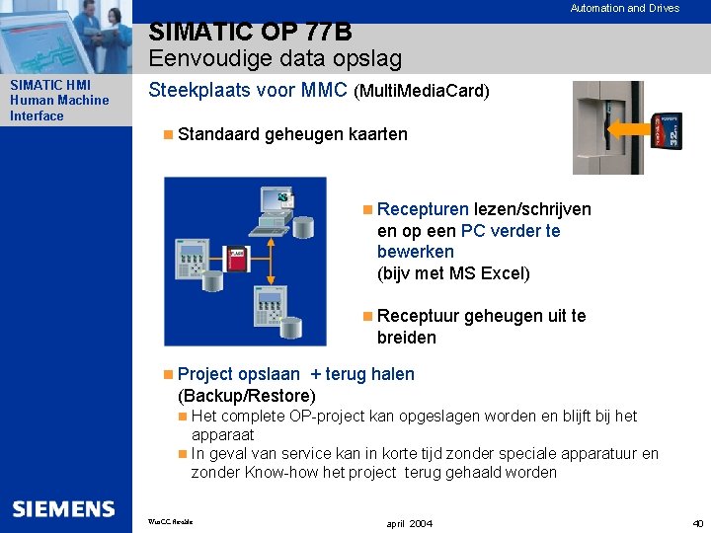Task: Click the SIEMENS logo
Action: pos(63,508)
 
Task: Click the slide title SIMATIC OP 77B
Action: pos(251,34)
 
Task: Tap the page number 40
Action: pos(698,522)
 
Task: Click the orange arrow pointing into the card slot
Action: pos(627,128)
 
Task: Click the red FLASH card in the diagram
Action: pos(236,259)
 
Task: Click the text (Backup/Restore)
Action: pos(246,396)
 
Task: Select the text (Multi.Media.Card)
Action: pos(421,92)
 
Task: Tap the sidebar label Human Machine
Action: pos(59,100)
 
